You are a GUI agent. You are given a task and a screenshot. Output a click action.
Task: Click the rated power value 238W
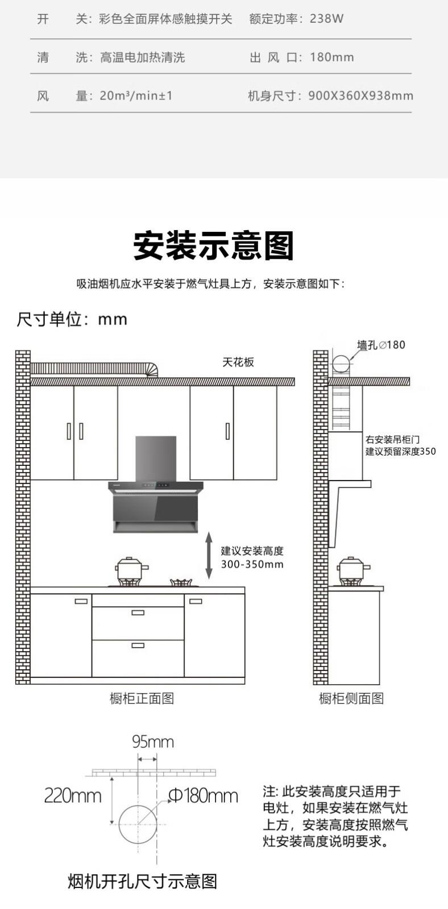326,19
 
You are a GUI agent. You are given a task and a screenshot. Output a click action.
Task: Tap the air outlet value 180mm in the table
331,57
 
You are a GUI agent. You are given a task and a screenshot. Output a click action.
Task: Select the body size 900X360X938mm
360,96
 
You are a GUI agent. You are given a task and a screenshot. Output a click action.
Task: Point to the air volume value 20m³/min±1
136,96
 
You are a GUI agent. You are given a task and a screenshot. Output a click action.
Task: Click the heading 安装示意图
214,246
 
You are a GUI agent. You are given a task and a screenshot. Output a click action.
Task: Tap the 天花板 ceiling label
238,362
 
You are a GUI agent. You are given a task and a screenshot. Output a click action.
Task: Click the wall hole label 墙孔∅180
381,345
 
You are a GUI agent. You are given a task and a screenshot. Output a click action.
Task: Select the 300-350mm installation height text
252,565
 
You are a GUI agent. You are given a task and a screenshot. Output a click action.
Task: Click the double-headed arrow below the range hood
209,555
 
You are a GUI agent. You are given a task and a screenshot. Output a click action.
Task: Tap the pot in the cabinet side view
354,569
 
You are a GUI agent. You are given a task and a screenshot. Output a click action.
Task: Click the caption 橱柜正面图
142,698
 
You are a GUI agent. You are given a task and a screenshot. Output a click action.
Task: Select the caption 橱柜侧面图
351,698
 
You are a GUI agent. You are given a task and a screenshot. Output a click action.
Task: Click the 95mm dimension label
153,741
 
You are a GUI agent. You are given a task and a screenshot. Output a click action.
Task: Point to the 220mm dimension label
73,795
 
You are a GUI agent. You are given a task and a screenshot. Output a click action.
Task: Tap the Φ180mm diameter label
203,795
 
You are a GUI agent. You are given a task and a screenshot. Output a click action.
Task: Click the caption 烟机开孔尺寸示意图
142,881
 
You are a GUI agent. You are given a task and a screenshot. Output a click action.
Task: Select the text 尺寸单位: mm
72,319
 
